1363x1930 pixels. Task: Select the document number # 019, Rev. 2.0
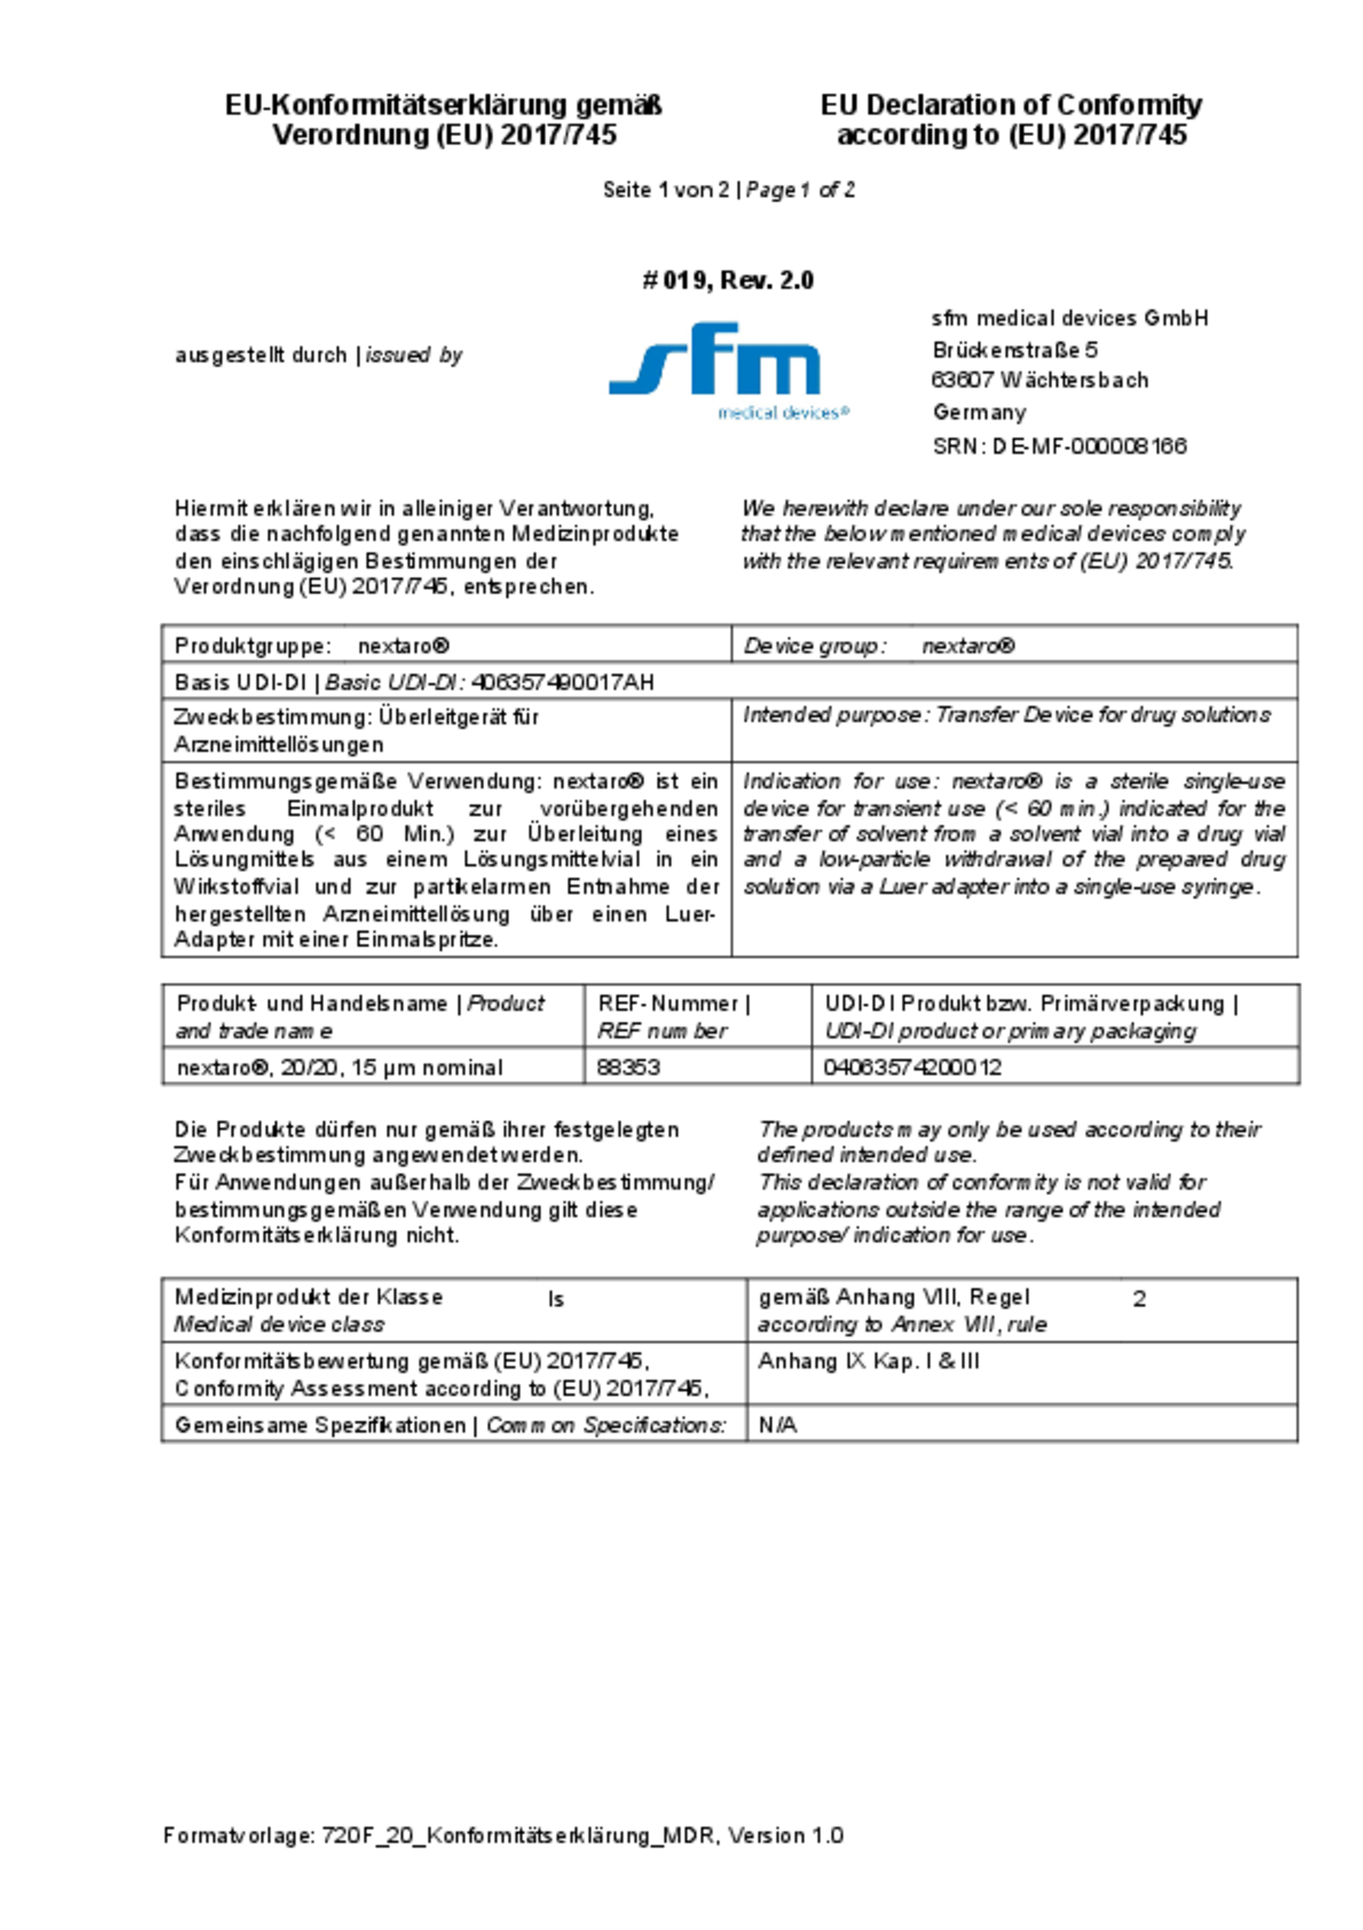click(x=728, y=280)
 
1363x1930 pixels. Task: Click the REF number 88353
click(x=628, y=1067)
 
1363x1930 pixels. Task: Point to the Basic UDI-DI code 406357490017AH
click(x=562, y=682)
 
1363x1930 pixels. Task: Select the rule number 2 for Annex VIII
click(x=1139, y=1299)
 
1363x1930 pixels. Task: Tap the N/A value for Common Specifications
click(x=777, y=1425)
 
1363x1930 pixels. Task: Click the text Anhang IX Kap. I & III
click(x=868, y=1361)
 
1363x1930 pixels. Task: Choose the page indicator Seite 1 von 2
click(x=666, y=190)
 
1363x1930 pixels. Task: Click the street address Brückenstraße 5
click(x=1014, y=349)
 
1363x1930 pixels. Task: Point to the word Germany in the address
click(x=979, y=412)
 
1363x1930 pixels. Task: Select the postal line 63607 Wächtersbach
click(x=1039, y=380)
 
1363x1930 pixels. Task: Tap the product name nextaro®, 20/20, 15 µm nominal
click(x=339, y=1067)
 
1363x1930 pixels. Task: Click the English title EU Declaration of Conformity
click(x=1011, y=105)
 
